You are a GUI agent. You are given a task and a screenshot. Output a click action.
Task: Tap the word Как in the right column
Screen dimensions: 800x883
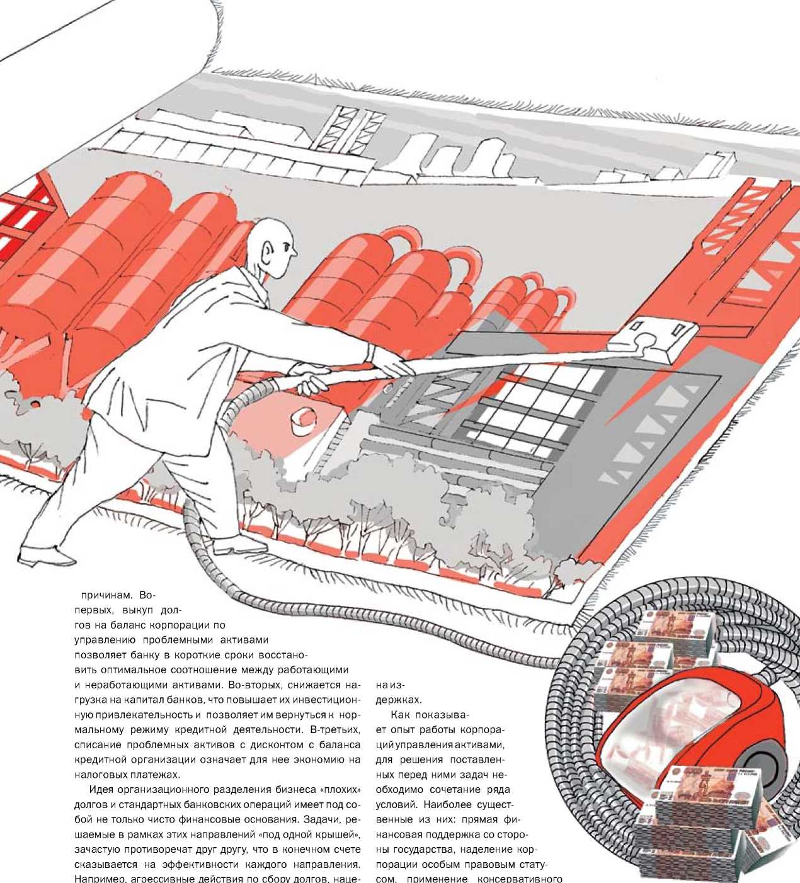[x=401, y=715]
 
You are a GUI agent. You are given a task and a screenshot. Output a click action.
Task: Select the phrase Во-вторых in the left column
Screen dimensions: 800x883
[x=257, y=685]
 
